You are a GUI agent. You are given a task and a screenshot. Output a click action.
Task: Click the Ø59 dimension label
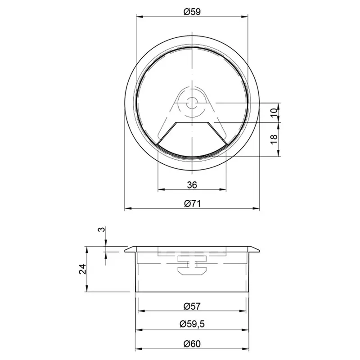click(x=192, y=12)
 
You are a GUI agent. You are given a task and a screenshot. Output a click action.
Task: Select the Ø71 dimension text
click(x=192, y=203)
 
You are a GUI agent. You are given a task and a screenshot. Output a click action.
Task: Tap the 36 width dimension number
click(x=192, y=184)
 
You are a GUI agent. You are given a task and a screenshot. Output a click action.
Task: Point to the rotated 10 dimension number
click(x=274, y=112)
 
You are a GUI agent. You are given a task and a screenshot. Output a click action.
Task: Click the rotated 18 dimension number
click(x=274, y=139)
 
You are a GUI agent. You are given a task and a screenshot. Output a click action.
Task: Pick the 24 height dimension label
click(x=82, y=269)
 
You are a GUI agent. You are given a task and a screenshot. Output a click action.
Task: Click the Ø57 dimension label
click(x=192, y=306)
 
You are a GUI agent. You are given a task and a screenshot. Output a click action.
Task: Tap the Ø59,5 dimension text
click(x=192, y=324)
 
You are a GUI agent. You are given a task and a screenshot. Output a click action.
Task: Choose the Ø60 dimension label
click(x=192, y=344)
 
